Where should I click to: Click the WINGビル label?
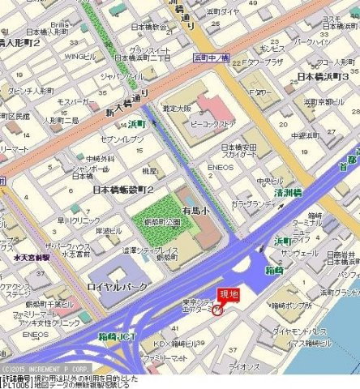point(80,57)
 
